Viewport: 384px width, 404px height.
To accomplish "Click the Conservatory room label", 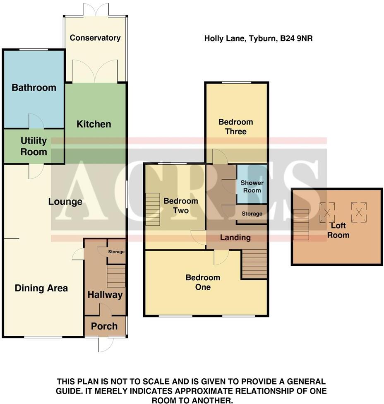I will (95, 38).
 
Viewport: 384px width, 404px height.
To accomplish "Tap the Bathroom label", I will (34, 87).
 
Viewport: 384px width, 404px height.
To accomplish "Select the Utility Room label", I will (34, 146).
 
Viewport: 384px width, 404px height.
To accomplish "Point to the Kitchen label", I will (94, 124).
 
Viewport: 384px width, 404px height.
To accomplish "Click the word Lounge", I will (65, 202).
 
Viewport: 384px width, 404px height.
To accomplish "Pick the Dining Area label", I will (41, 288).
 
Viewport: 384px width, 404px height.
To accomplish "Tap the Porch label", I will (104, 326).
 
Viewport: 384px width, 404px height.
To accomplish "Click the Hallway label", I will (105, 295).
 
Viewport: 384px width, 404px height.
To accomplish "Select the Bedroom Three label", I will (235, 127).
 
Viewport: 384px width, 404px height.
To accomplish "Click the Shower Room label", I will (252, 186).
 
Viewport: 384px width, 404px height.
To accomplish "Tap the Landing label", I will (235, 237).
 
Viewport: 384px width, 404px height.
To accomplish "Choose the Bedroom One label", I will (203, 282).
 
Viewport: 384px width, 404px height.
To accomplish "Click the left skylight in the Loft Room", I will (327, 212).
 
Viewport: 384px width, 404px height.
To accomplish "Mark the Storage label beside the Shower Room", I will (252, 214).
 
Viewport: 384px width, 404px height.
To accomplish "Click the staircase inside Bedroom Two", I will (152, 209).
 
